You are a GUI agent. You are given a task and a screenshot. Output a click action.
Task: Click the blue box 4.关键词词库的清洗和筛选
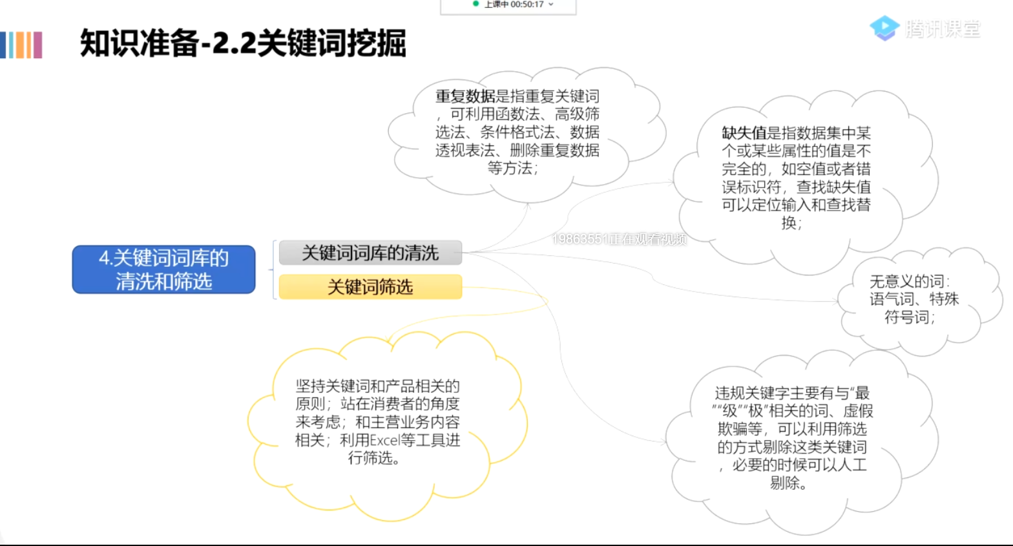(163, 269)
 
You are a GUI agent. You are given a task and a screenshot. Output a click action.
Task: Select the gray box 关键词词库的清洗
(370, 253)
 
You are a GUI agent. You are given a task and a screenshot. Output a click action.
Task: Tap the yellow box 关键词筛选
(370, 287)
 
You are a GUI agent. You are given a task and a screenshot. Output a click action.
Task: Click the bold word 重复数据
(465, 96)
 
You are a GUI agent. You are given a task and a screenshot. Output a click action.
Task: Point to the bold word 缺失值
(744, 133)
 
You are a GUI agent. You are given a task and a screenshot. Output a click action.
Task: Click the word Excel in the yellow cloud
(385, 441)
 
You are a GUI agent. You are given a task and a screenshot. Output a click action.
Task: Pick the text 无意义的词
(906, 281)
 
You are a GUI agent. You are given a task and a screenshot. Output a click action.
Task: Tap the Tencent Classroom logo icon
(884, 28)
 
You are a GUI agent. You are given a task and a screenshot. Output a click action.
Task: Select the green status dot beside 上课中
(475, 4)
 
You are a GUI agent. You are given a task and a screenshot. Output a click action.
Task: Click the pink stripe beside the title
(37, 45)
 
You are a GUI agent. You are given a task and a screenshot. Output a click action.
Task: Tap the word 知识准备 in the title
(139, 44)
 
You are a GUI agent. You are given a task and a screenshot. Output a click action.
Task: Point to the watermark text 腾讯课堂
(943, 29)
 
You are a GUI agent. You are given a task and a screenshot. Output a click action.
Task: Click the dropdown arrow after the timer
(551, 5)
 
